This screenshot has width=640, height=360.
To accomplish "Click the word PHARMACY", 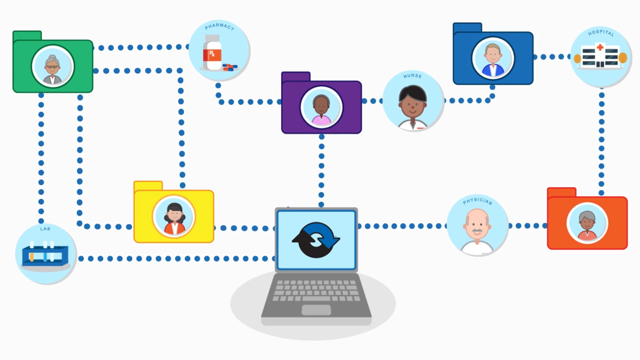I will click(219, 27).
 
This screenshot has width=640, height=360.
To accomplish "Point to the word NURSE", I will click(413, 76).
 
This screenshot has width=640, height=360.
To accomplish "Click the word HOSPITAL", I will click(601, 33).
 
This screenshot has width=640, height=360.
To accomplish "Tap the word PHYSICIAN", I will click(477, 201).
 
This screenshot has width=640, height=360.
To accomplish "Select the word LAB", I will click(45, 229).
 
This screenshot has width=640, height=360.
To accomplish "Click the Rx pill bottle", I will click(212, 53).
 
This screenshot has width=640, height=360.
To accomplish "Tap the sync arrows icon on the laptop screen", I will click(316, 240).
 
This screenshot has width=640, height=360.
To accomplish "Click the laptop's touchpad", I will click(316, 310).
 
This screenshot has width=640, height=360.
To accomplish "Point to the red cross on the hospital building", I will click(600, 48).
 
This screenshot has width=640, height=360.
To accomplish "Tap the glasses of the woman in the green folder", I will click(53, 66).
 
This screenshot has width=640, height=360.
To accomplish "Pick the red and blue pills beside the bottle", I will click(230, 67).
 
